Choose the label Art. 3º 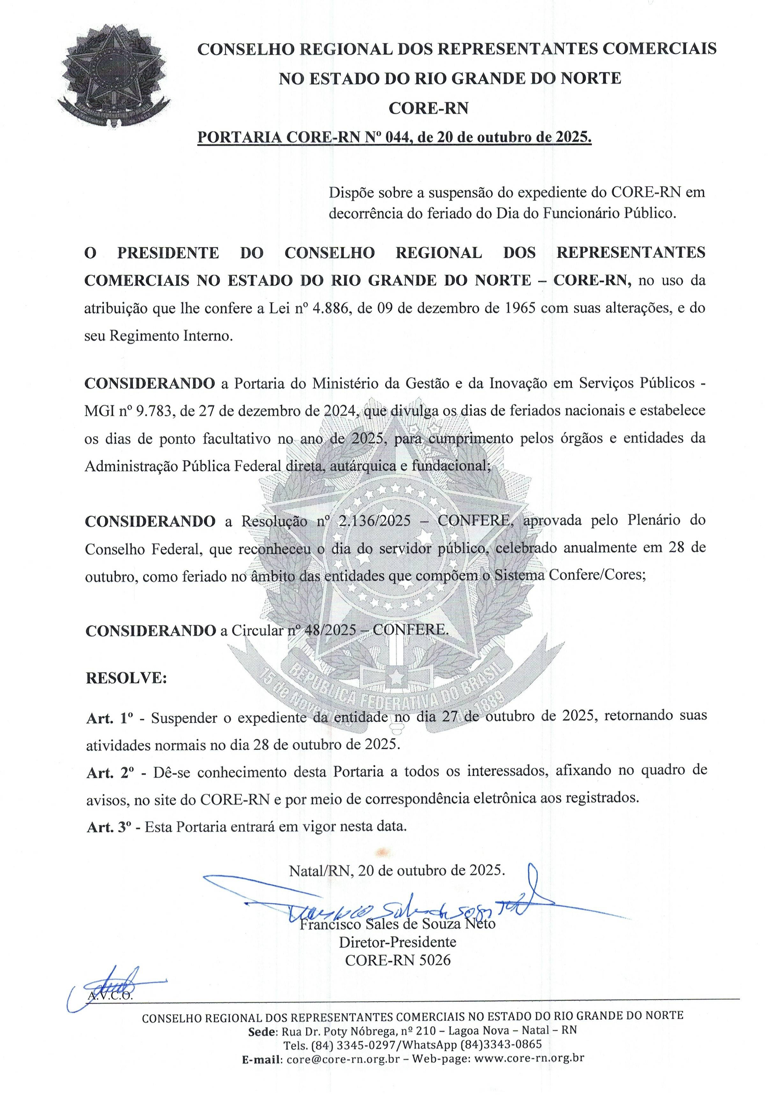(109, 827)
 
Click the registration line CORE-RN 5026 (397, 960)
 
